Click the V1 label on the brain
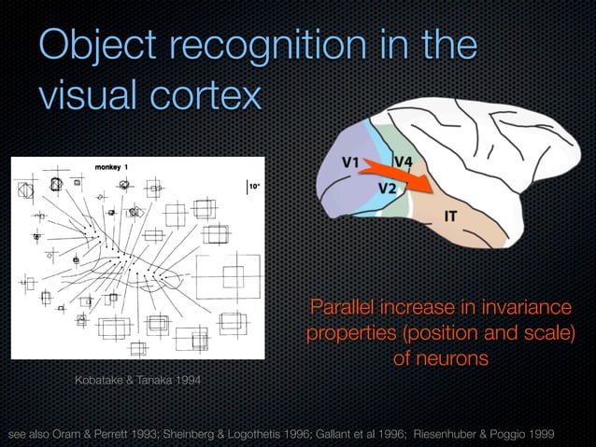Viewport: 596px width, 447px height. point(350,161)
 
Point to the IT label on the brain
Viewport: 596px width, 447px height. point(449,216)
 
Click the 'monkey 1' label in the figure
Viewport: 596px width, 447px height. point(113,167)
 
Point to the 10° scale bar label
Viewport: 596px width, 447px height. point(251,187)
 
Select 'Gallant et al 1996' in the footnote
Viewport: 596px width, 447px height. point(358,434)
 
